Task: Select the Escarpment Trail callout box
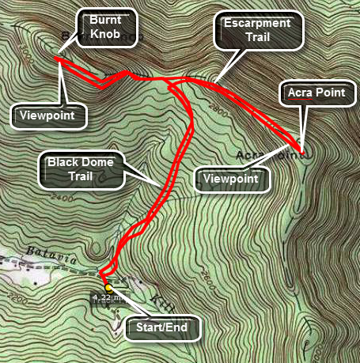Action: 260,31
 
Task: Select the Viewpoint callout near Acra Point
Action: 232,179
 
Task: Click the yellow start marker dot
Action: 108,287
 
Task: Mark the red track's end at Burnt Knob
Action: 57,57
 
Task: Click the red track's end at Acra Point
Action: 301,149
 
